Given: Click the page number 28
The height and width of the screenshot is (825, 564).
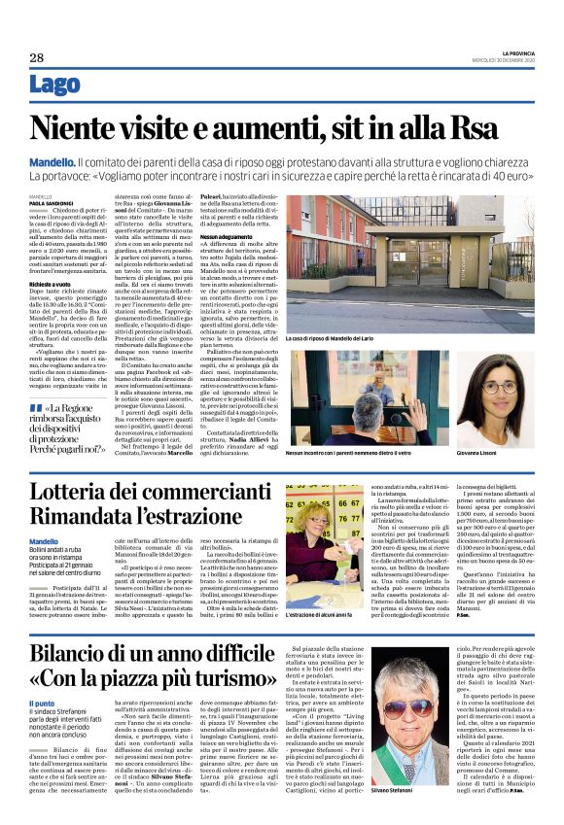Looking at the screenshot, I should [x=36, y=58].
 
